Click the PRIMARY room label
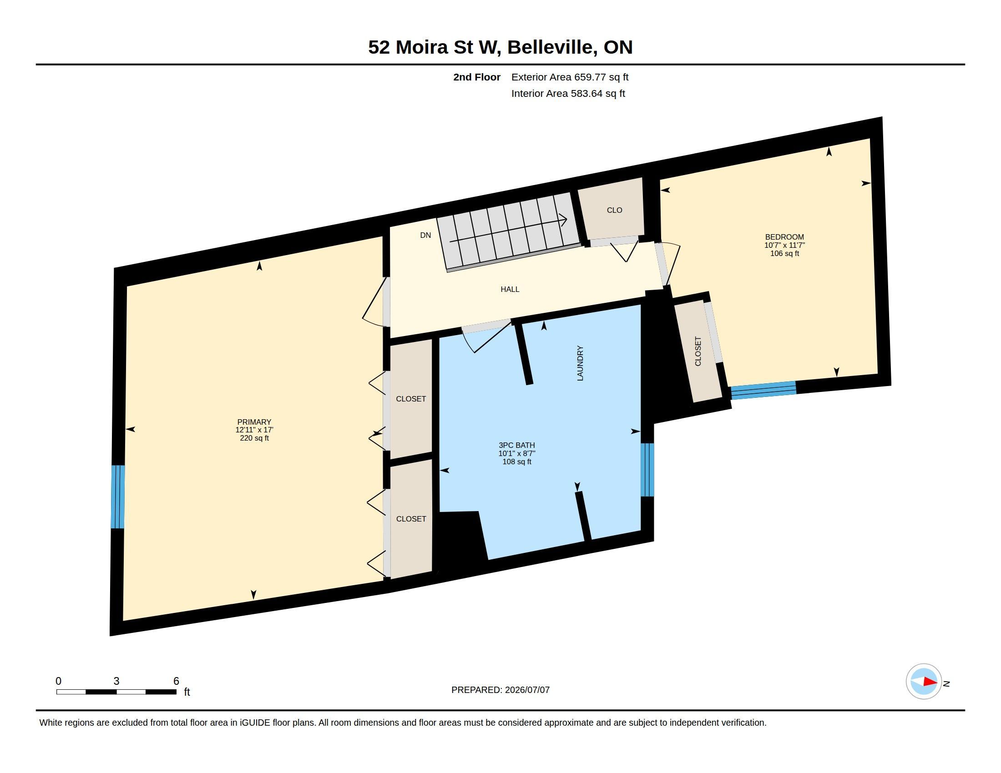tap(254, 422)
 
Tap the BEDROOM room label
tap(784, 237)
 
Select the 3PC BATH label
tap(516, 445)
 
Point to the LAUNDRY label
tap(580, 363)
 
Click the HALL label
tap(510, 289)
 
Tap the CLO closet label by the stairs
tap(614, 210)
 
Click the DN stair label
tap(425, 235)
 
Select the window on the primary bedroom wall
tap(118, 497)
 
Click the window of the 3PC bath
tap(647, 470)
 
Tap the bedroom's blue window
tap(763, 390)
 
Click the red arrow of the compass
tap(930, 682)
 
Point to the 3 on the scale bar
tap(116, 681)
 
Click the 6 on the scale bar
tap(176, 681)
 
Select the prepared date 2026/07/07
tap(527, 690)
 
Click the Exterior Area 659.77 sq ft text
tap(570, 77)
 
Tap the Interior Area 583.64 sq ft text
tap(568, 93)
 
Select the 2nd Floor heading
tap(477, 77)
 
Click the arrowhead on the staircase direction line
tap(564, 220)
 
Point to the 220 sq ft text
tap(254, 438)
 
